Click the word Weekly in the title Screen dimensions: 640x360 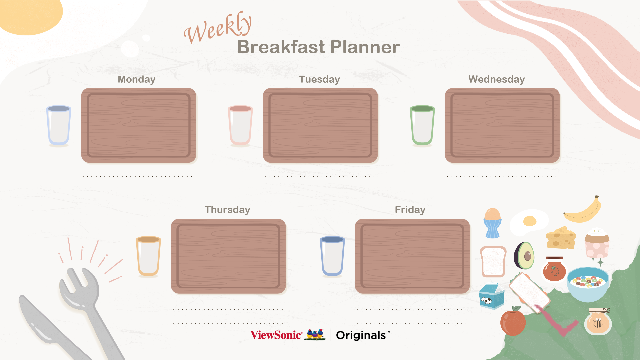click(x=218, y=28)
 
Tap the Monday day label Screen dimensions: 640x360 click(x=137, y=79)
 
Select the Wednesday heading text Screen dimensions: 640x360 click(x=496, y=79)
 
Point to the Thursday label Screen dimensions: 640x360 click(x=227, y=210)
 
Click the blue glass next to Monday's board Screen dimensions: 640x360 click(x=59, y=126)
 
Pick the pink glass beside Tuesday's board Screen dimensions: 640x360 click(x=240, y=126)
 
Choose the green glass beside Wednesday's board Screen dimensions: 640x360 click(x=422, y=126)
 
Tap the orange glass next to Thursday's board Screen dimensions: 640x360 click(x=148, y=256)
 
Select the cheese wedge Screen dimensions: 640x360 click(x=561, y=238)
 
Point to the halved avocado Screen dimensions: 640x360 click(x=524, y=256)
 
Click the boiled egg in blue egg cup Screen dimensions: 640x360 click(x=492, y=223)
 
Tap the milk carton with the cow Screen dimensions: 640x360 click(x=492, y=296)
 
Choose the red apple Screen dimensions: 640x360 click(x=513, y=321)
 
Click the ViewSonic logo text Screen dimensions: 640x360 click(x=276, y=335)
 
